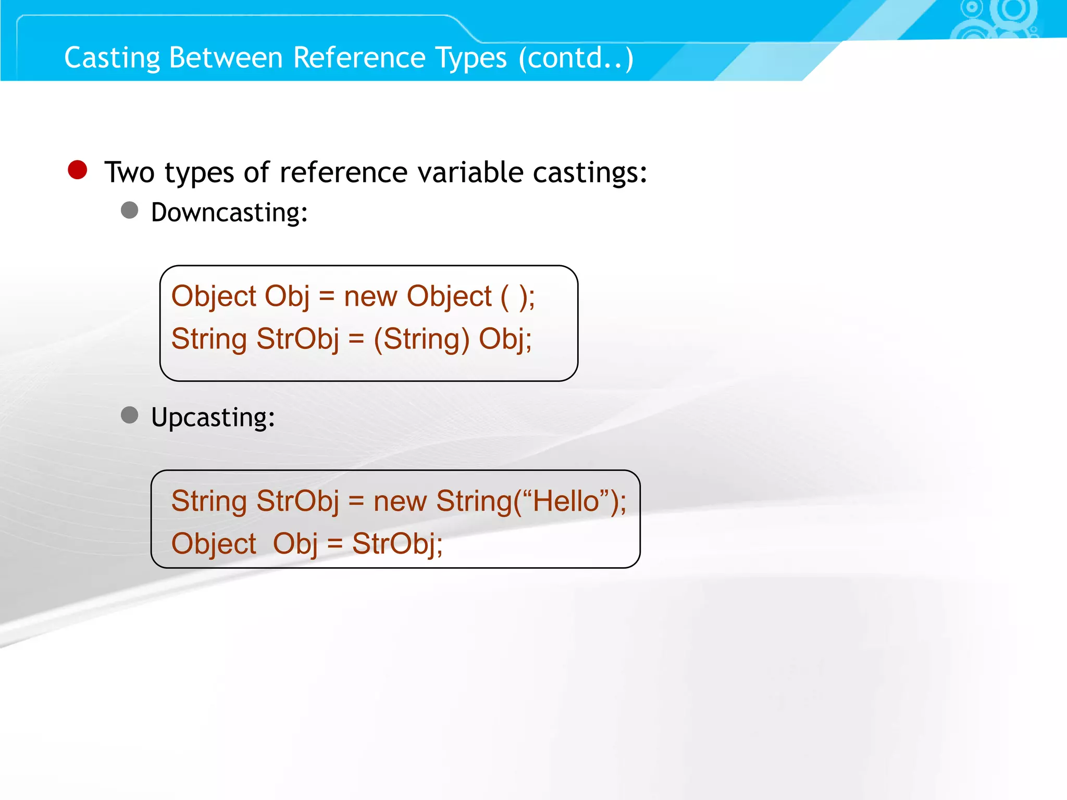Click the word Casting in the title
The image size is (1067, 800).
[x=111, y=58]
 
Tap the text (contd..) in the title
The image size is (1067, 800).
[x=576, y=58]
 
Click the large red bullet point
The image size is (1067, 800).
[x=78, y=170]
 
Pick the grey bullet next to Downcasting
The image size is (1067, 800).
[x=130, y=210]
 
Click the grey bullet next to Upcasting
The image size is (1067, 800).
[x=130, y=415]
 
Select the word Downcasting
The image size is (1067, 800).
[x=229, y=213]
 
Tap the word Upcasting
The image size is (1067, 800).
[x=213, y=417]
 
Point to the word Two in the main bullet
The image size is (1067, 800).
[x=129, y=172]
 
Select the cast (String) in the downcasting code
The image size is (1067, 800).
[x=421, y=339]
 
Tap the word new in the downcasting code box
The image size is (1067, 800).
[x=370, y=296]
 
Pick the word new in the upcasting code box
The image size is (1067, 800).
[x=400, y=501]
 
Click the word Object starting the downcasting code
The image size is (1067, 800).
[x=214, y=296]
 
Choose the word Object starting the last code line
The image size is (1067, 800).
[x=214, y=544]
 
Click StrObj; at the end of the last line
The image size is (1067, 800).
[x=397, y=544]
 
